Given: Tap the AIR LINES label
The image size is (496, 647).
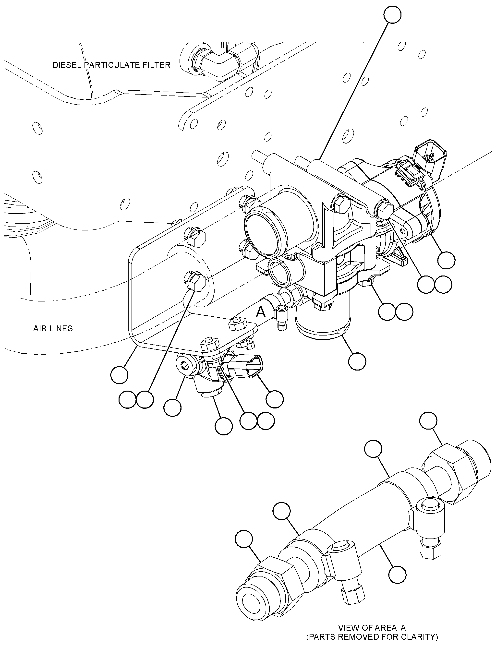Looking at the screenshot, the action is click(x=53, y=328).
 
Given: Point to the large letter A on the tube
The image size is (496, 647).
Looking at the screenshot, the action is click(x=260, y=312).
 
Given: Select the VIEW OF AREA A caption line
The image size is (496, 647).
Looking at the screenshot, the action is click(x=372, y=627).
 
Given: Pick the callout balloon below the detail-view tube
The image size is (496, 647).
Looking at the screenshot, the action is click(x=397, y=574).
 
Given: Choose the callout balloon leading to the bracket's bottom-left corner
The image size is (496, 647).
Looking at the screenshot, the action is click(x=119, y=375).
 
